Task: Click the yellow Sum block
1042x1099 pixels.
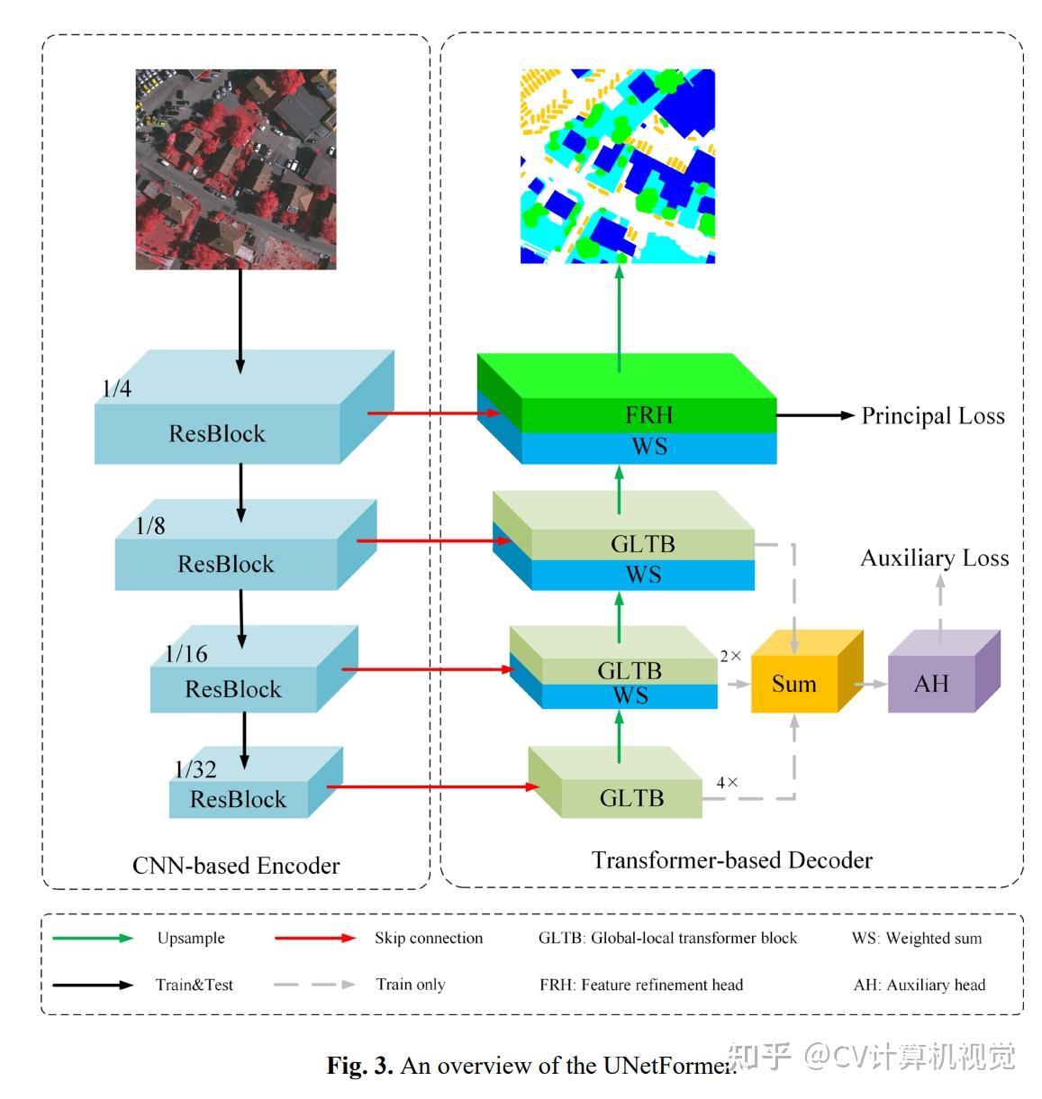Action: coord(794,684)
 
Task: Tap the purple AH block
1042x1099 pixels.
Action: coord(931,684)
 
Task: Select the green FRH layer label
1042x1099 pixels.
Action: coord(648,414)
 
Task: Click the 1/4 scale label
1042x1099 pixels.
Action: coord(116,389)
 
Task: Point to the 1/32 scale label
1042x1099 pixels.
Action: coord(195,769)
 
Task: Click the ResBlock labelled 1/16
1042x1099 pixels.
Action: coord(233,689)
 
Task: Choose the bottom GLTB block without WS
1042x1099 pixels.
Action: coord(631,797)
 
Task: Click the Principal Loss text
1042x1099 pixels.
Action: coord(933,416)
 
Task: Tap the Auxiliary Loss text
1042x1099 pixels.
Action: coord(935,559)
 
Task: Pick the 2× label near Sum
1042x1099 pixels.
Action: coord(730,657)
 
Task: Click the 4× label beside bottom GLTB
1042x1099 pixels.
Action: coord(727,783)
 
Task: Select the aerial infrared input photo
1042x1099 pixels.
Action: coord(236,169)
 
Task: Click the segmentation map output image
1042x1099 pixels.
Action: coord(618,166)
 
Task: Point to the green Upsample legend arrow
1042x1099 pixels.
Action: coord(93,938)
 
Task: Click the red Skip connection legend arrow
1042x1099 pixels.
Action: coord(315,938)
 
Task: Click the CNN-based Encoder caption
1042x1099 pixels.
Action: coord(236,866)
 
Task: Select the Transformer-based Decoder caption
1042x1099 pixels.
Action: coord(731,860)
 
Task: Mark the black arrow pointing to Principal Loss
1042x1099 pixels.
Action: coord(814,415)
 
